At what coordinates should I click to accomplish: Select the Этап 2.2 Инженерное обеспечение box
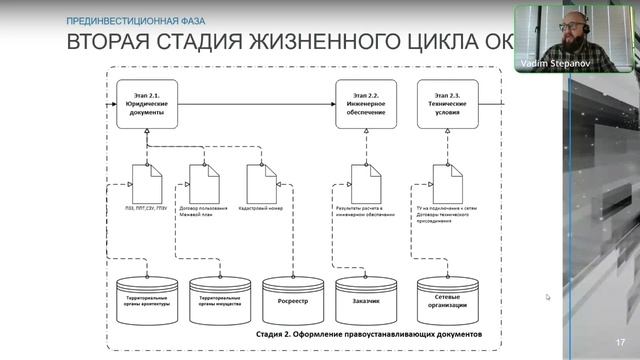(x=365, y=103)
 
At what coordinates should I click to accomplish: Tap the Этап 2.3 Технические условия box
(x=447, y=103)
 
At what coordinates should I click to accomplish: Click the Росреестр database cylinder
(x=292, y=297)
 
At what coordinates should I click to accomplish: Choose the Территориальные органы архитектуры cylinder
(x=145, y=297)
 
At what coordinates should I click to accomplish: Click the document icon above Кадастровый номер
(x=261, y=183)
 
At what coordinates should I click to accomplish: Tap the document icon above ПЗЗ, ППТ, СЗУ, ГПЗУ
(x=147, y=183)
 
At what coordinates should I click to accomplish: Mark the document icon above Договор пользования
(x=204, y=183)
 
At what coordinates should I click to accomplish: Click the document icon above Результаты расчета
(x=366, y=183)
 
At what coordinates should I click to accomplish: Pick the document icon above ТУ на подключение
(x=447, y=183)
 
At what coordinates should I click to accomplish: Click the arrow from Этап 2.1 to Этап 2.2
(x=255, y=102)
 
